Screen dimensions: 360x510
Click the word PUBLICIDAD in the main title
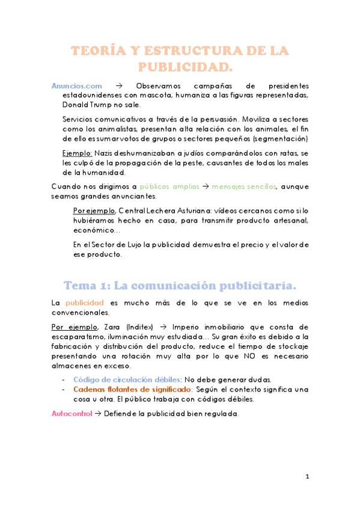185,65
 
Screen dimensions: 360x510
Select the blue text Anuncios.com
77,85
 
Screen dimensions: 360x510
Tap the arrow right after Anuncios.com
119,85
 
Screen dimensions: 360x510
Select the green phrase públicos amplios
169,186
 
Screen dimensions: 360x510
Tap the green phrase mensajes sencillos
244,186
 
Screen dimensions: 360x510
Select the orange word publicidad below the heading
85,303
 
